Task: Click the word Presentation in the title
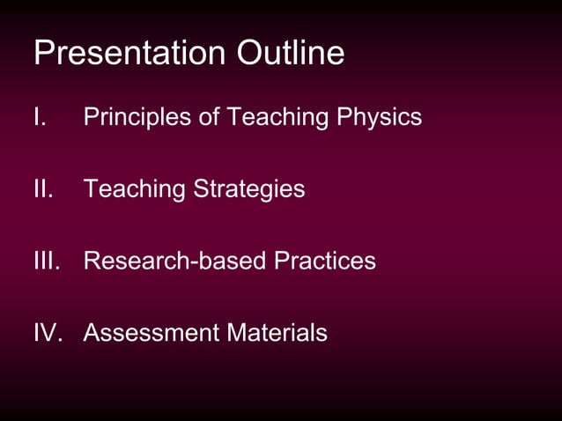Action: pyautogui.click(x=130, y=54)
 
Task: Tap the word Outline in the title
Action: pyautogui.click(x=290, y=54)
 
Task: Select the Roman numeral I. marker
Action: pyautogui.click(x=39, y=117)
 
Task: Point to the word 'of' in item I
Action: pyautogui.click(x=210, y=117)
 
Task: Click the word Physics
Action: pyautogui.click(x=380, y=117)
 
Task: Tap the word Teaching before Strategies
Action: pyautogui.click(x=136, y=189)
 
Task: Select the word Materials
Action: pyautogui.click(x=277, y=334)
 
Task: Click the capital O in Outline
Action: pyautogui.click(x=249, y=54)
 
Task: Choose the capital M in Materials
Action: pyautogui.click(x=235, y=334)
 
